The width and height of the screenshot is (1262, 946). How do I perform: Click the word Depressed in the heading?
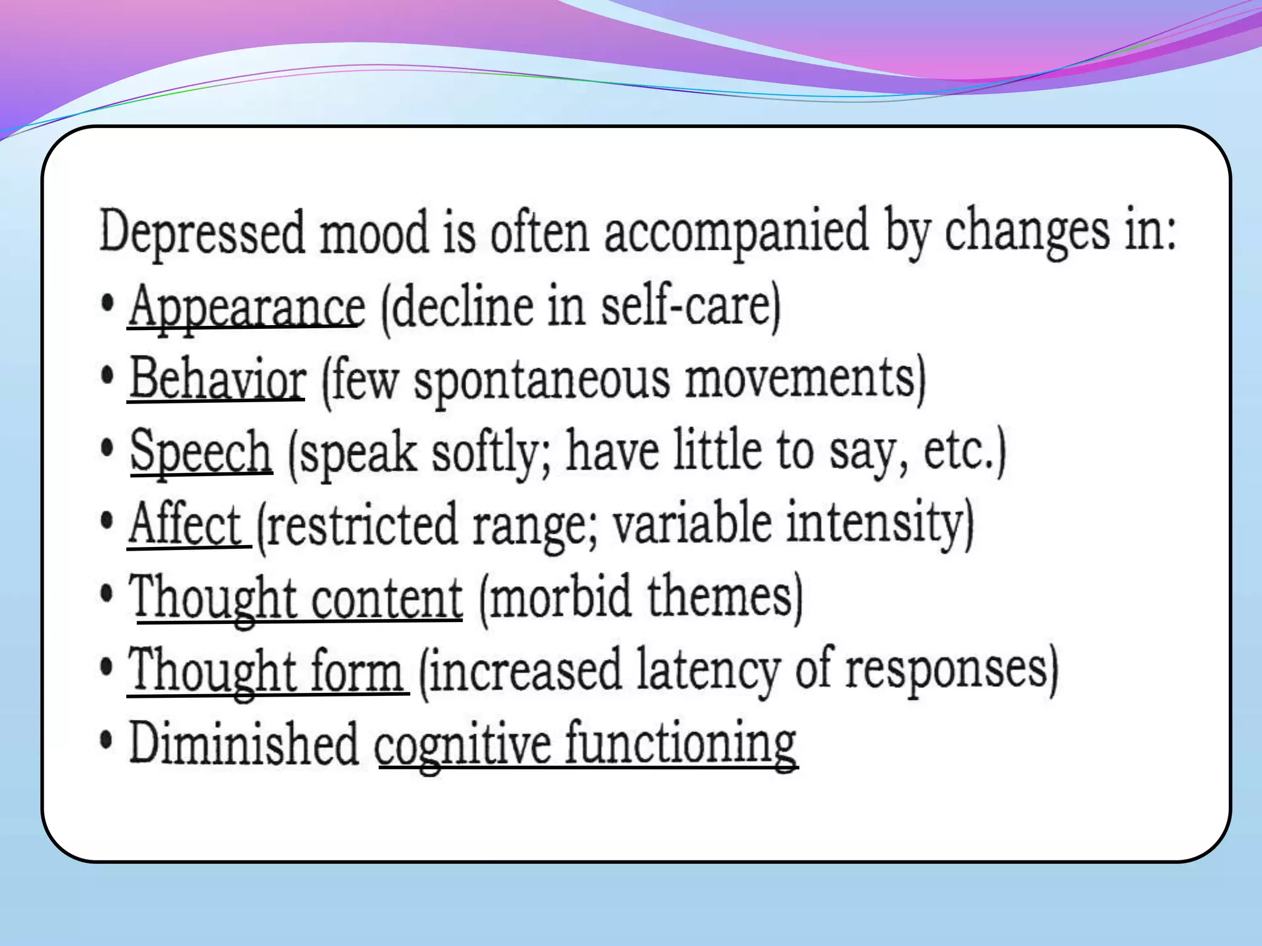(202, 232)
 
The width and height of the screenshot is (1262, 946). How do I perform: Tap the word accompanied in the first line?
(736, 232)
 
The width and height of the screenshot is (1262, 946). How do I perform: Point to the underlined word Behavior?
(218, 378)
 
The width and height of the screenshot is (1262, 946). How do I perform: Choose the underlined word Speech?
(201, 451)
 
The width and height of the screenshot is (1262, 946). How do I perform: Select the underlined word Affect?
(185, 524)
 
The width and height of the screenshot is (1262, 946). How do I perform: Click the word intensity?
(875, 524)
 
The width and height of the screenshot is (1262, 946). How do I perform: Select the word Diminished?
(244, 743)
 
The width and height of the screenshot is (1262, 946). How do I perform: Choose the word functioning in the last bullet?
(681, 743)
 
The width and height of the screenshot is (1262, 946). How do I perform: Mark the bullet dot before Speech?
(107, 448)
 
